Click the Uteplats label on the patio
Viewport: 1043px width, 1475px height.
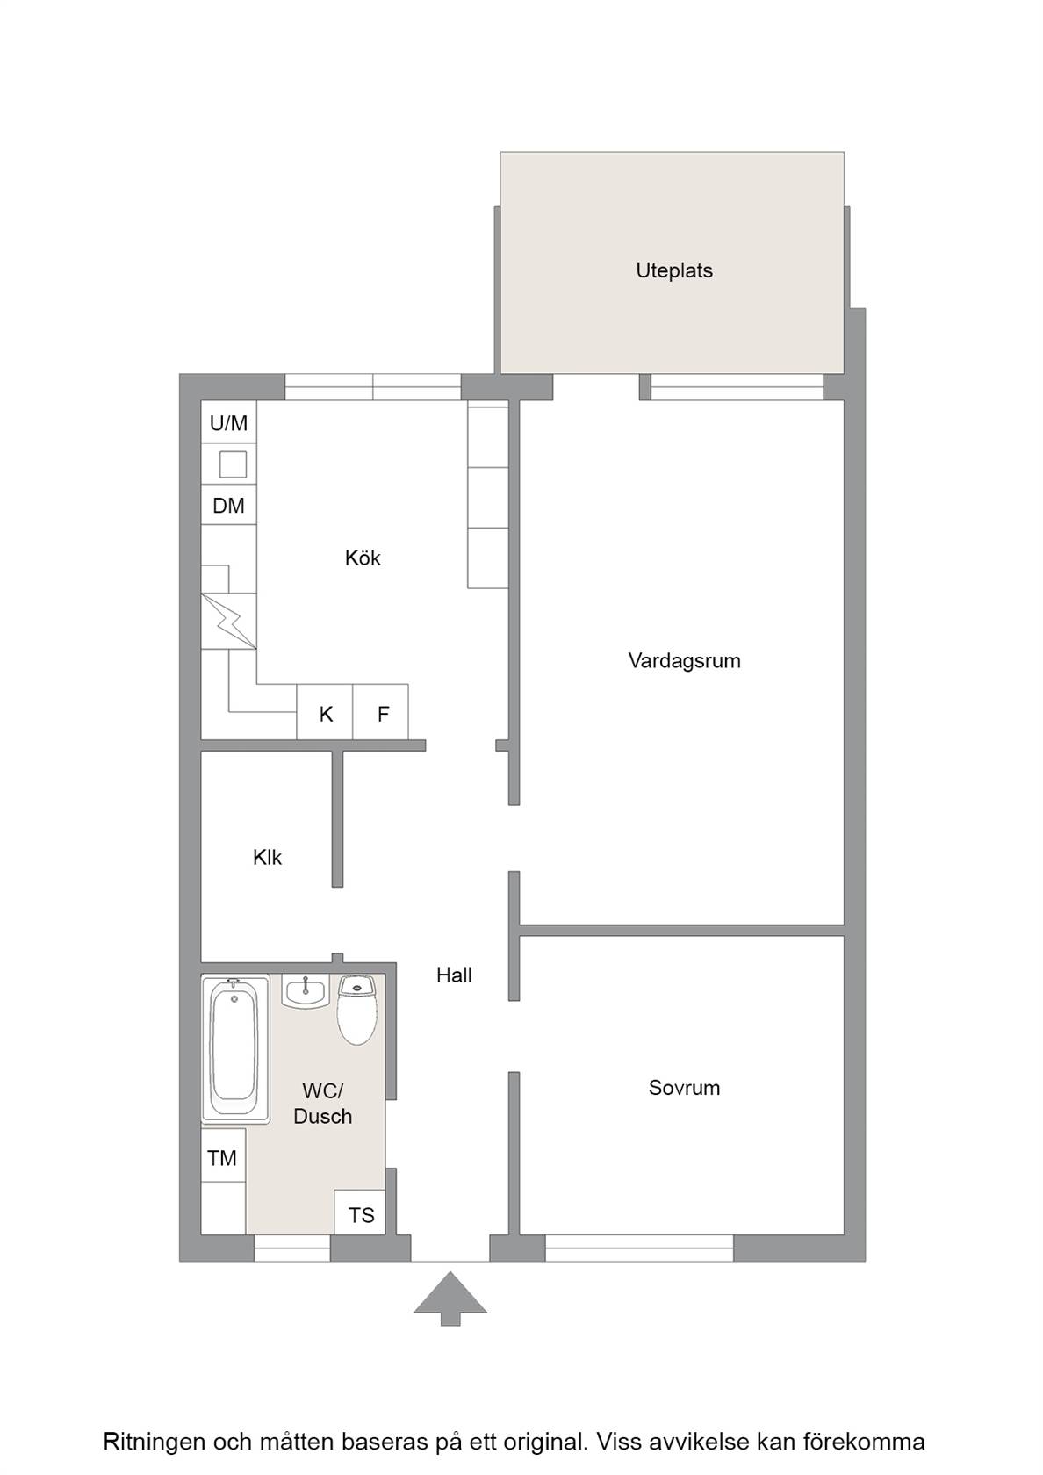click(673, 270)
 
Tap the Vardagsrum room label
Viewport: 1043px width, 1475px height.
click(684, 660)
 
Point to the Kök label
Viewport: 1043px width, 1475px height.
click(363, 558)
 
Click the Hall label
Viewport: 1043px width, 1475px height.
click(454, 975)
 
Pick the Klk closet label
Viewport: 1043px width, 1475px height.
click(267, 857)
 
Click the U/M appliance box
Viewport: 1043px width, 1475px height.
click(228, 422)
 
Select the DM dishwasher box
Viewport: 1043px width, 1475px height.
click(228, 505)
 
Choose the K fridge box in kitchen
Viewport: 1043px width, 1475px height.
click(325, 712)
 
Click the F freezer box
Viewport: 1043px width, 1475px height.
click(381, 712)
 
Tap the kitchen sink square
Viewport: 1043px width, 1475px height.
click(233, 464)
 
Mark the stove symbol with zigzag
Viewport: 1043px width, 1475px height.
click(228, 621)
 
